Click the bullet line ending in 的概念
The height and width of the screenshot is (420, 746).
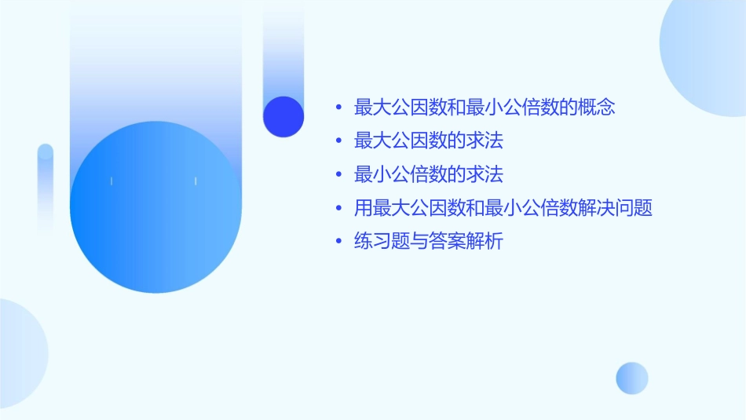484,108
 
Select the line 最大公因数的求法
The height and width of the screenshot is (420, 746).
429,141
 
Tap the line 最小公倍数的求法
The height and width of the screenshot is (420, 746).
429,174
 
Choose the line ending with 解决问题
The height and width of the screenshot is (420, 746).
503,208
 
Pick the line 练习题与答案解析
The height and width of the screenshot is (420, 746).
429,241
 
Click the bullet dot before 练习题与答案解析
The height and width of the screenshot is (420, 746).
338,242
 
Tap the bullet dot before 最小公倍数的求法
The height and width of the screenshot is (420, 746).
338,175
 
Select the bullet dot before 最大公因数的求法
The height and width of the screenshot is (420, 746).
338,142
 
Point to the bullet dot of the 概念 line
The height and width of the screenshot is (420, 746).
338,108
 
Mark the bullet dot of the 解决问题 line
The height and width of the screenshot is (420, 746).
338,209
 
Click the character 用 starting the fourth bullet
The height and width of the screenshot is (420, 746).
363,208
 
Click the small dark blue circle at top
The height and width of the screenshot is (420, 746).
283,116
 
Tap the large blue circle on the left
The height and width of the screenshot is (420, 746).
155,207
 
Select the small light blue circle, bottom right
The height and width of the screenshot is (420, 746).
632,378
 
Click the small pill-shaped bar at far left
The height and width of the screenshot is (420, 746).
46,184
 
